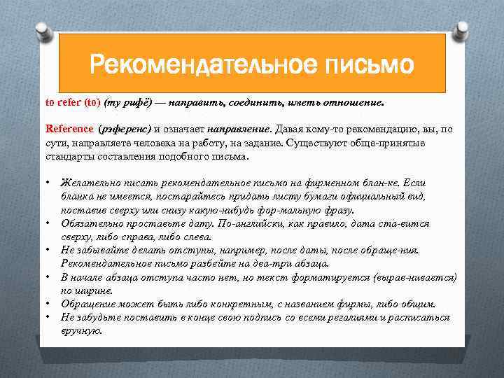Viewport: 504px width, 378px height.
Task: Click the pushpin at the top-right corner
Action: coord(462,29)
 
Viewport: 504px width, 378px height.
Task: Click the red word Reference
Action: coord(69,129)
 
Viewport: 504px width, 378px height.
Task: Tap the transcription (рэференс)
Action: coord(125,129)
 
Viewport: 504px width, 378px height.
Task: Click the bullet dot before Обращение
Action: coord(48,304)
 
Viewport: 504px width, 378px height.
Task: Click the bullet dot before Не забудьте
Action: coord(48,317)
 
